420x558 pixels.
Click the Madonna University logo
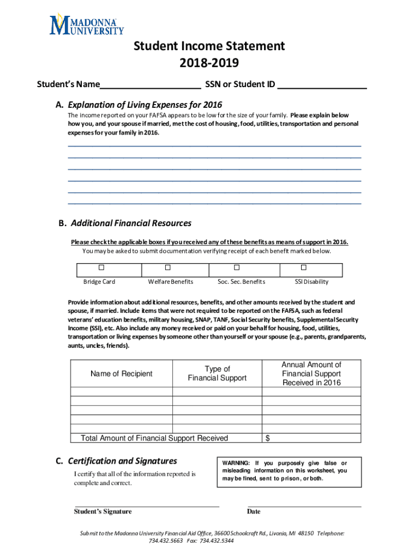(x=87, y=25)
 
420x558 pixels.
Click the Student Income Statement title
(x=209, y=46)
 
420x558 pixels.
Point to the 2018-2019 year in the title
(x=209, y=64)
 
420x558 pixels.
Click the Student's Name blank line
(x=151, y=86)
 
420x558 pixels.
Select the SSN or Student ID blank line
(x=322, y=86)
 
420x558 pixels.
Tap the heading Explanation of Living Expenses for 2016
(x=145, y=105)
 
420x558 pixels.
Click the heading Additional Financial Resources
(x=129, y=223)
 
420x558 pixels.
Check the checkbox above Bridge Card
(x=101, y=268)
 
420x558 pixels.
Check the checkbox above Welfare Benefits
(x=168, y=268)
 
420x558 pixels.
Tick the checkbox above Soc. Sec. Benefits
(x=237, y=268)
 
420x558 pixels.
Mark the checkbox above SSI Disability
(x=304, y=268)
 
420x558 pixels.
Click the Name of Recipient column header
(x=122, y=374)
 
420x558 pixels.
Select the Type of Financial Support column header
(x=217, y=374)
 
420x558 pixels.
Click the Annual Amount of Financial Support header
(x=311, y=374)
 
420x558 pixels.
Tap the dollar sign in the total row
(x=267, y=438)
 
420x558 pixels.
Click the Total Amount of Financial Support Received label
(x=154, y=438)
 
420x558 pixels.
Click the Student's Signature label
(x=103, y=512)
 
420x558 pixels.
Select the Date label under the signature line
(x=254, y=512)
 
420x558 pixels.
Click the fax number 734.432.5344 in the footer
(x=218, y=541)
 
